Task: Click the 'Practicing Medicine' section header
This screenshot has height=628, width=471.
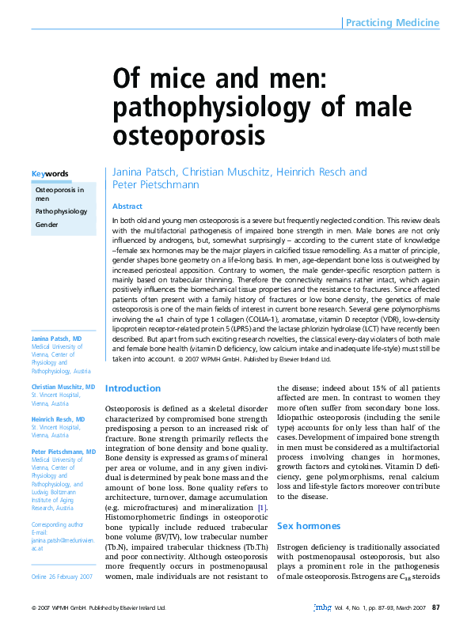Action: coord(392,23)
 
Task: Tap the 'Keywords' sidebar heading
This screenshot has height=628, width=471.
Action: coord(49,174)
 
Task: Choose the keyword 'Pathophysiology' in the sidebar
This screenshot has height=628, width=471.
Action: coord(61,212)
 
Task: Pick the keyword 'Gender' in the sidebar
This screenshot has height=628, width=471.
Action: coord(47,225)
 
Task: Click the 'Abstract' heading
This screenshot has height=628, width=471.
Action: coord(127,206)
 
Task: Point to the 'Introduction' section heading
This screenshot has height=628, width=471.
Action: coord(133,388)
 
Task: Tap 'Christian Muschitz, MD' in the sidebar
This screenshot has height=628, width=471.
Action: coord(63,387)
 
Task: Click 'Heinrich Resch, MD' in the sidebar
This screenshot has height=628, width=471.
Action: coord(58,418)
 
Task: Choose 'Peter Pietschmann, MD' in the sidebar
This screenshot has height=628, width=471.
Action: coord(64,451)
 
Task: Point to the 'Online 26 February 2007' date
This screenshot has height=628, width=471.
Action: coord(62,577)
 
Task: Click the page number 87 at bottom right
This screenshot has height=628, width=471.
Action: coord(435,607)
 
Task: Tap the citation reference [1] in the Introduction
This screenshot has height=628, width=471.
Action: coord(262,507)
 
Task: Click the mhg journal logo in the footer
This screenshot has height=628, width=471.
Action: coord(322,607)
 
